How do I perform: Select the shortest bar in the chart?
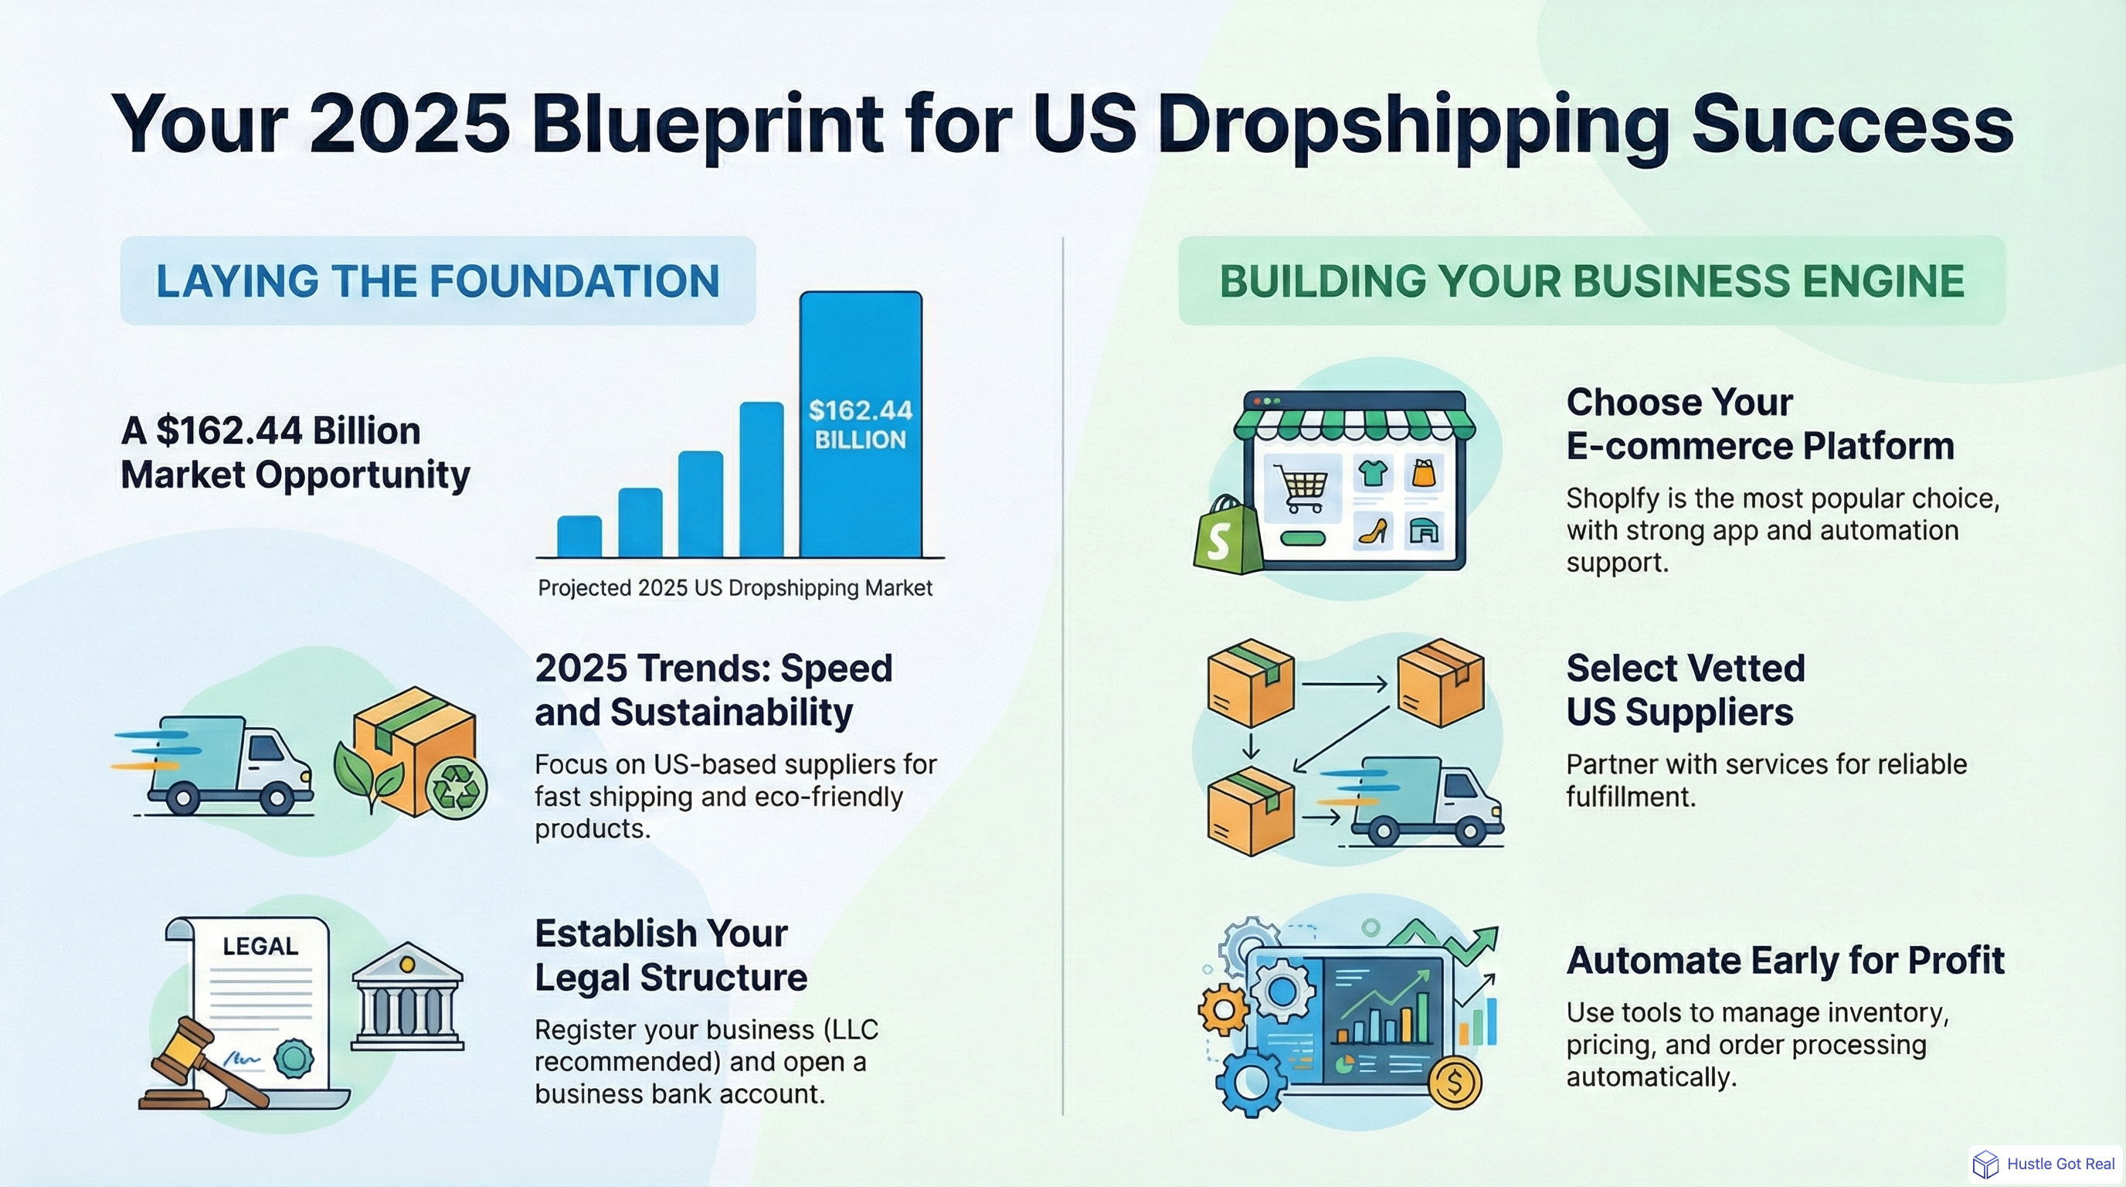(x=579, y=536)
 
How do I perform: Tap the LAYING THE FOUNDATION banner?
(x=437, y=281)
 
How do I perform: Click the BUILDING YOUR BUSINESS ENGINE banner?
(x=1591, y=281)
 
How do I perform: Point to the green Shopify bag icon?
(x=1228, y=536)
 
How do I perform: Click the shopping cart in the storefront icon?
(x=1302, y=487)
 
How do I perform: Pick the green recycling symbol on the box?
(x=457, y=789)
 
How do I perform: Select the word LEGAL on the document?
(x=260, y=946)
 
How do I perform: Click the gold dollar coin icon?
(x=1455, y=1081)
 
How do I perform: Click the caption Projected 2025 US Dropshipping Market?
(x=735, y=588)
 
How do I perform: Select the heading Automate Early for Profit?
(x=1785, y=960)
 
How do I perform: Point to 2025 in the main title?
(x=409, y=124)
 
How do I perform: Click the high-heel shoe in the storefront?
(x=1374, y=530)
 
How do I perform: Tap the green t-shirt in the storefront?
(x=1374, y=474)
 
